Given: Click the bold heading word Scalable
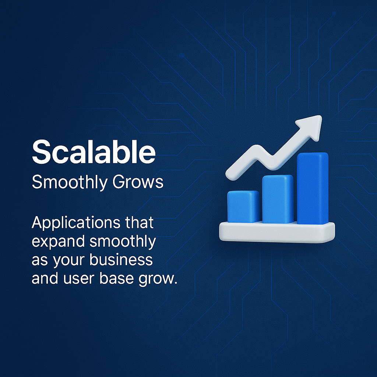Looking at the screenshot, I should [x=94, y=152].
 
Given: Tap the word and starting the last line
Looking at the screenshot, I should [x=44, y=278].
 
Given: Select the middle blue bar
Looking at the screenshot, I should [x=278, y=199].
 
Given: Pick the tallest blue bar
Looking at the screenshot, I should [x=312, y=188].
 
